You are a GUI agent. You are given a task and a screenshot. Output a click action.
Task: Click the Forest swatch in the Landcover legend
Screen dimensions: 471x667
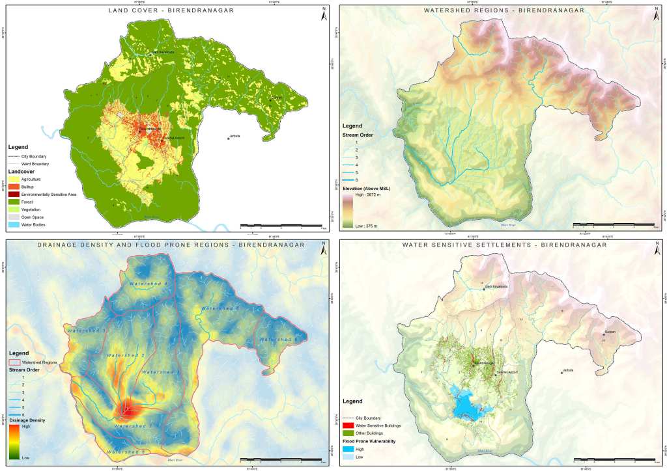pyautogui.click(x=13, y=202)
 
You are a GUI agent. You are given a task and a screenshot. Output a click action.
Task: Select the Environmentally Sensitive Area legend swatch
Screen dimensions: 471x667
pyautogui.click(x=13, y=194)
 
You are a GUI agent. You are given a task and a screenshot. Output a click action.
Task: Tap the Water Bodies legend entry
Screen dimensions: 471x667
pyautogui.click(x=13, y=225)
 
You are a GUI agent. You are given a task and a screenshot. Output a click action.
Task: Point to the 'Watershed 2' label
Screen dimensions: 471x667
pyautogui.click(x=125, y=355)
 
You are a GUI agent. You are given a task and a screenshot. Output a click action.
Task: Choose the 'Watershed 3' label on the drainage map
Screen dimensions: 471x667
pyautogui.click(x=85, y=332)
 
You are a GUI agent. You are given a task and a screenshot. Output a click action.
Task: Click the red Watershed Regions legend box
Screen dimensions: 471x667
pyautogui.click(x=13, y=361)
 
